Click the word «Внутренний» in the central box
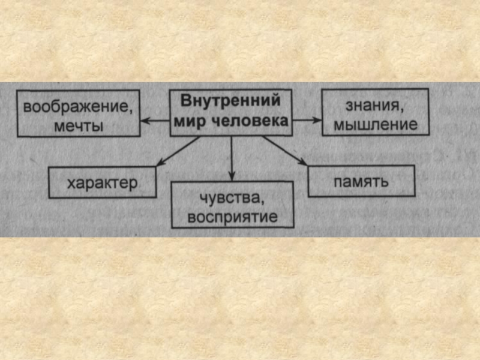click(x=231, y=101)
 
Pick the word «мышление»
click(x=375, y=125)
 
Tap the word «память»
click(x=362, y=181)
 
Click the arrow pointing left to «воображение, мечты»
click(x=155, y=121)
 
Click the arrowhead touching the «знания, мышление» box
click(x=317, y=119)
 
